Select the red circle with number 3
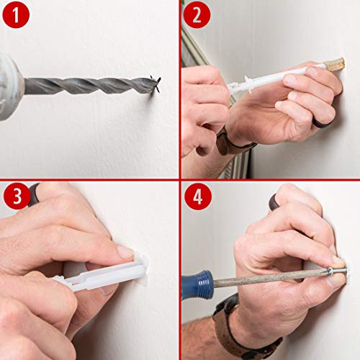[x=15, y=197]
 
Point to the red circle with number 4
[x=196, y=197]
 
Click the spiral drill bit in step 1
[x=86, y=86]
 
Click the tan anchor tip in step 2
[x=335, y=64]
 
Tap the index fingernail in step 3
[x=124, y=252]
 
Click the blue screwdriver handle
[x=198, y=284]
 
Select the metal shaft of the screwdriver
[x=266, y=277]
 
